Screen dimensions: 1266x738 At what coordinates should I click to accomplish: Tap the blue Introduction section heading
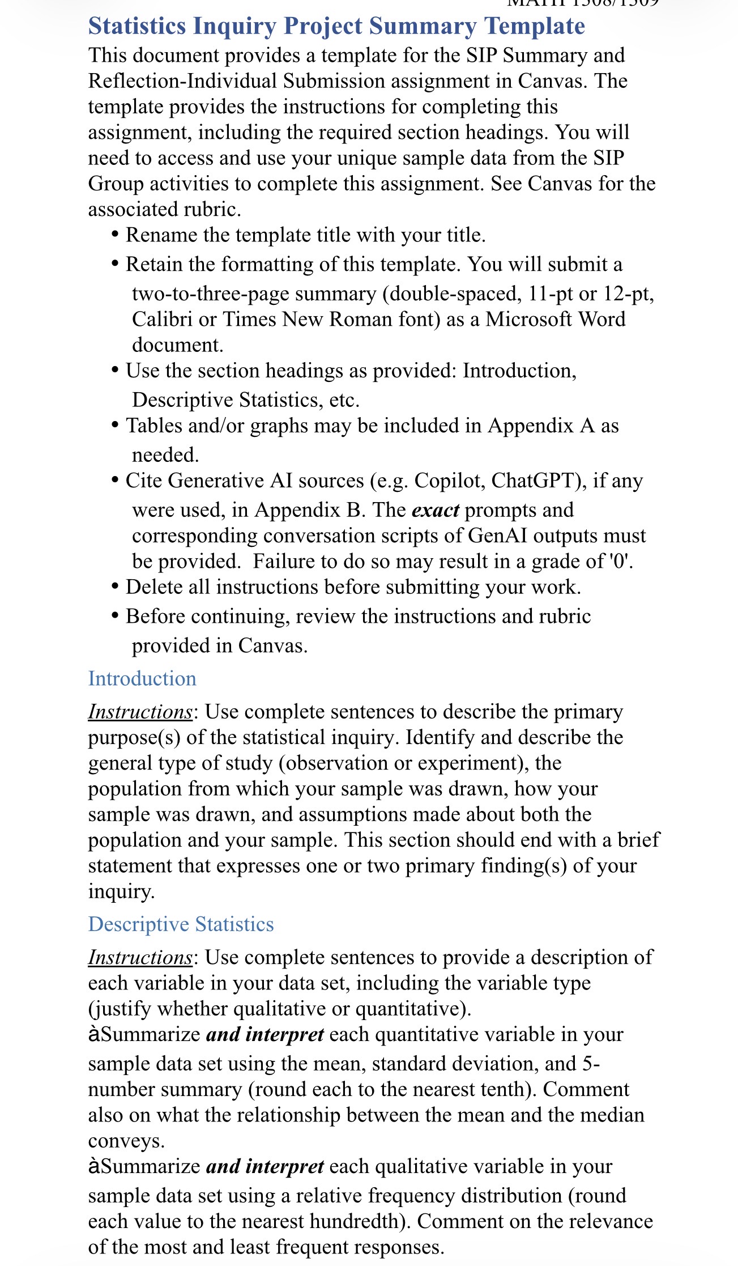(142, 678)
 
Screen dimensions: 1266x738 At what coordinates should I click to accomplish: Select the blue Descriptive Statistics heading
(181, 924)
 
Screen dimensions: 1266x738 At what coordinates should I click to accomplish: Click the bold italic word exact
(435, 510)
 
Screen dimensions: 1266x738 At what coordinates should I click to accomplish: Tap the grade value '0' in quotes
(621, 561)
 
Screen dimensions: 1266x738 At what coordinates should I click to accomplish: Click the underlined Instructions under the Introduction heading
(140, 712)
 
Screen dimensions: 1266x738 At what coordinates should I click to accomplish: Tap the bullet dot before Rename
(116, 235)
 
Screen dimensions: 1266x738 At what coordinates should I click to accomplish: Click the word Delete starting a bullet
(153, 587)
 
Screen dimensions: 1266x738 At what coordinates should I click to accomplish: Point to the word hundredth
(361, 1221)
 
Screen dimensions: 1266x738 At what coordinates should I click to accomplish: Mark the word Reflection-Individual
(182, 81)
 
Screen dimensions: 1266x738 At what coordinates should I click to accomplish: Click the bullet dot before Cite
(116, 481)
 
